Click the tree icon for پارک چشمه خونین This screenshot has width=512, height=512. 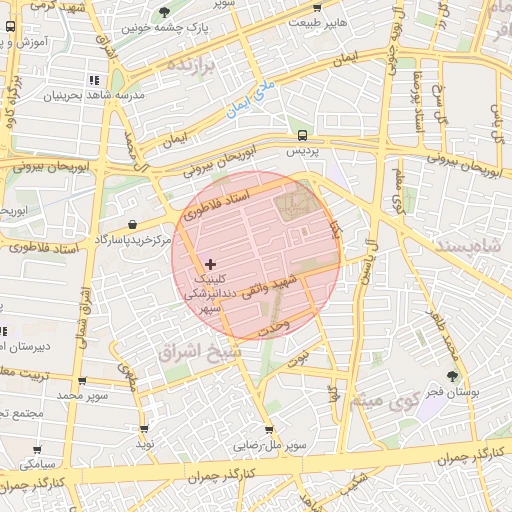coord(164,12)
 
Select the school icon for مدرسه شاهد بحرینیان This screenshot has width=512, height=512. coord(93,79)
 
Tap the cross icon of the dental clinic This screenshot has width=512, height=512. coord(209,264)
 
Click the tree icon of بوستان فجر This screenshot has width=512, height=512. coord(454,376)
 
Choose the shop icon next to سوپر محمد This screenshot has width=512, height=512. coord(82,381)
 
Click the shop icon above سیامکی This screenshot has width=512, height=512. coord(38,451)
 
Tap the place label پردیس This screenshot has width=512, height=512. coord(302,151)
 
